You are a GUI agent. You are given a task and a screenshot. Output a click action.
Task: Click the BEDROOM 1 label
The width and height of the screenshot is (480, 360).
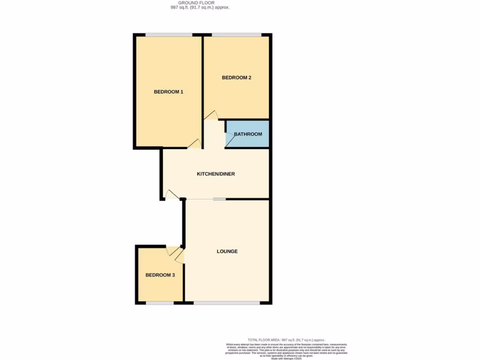(x=168, y=92)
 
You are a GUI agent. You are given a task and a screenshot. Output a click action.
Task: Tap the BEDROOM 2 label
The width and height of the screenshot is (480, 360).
(x=237, y=78)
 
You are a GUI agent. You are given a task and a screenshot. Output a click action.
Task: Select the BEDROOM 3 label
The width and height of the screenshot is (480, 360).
(x=160, y=275)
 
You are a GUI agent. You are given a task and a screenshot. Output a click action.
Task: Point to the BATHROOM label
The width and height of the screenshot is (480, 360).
(x=248, y=134)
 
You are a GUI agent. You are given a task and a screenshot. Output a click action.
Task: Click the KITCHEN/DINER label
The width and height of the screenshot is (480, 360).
(x=216, y=174)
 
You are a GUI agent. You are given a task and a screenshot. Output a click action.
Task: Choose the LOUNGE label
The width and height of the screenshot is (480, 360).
(x=227, y=251)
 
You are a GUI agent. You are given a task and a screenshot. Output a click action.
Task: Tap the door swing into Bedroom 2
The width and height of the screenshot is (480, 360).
(x=211, y=115)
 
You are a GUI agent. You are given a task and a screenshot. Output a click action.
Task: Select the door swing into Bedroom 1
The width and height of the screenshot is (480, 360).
(x=195, y=144)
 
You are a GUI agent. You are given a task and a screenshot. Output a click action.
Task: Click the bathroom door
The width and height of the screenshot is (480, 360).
(x=230, y=139)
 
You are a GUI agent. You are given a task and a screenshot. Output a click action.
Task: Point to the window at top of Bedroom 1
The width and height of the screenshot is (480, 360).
(x=169, y=35)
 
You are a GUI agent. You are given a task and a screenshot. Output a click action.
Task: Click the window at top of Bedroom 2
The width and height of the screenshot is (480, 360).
(x=237, y=35)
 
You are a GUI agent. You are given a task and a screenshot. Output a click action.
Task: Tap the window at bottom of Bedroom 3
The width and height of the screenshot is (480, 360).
(x=160, y=303)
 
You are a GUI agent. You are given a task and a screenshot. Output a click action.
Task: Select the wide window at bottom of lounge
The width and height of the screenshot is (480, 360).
(x=227, y=303)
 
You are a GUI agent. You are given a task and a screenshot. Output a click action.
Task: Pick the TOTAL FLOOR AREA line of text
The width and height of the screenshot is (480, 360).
(x=286, y=340)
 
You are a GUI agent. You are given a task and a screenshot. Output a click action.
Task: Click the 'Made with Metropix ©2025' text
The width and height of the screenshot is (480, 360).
(x=286, y=358)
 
